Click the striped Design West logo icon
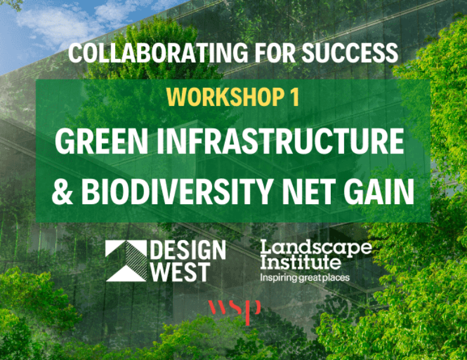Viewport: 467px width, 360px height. click(x=125, y=261)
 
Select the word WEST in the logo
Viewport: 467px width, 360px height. click(x=180, y=272)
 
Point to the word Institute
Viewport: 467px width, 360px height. click(x=300, y=263)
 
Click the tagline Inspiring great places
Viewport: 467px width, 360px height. click(x=304, y=278)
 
